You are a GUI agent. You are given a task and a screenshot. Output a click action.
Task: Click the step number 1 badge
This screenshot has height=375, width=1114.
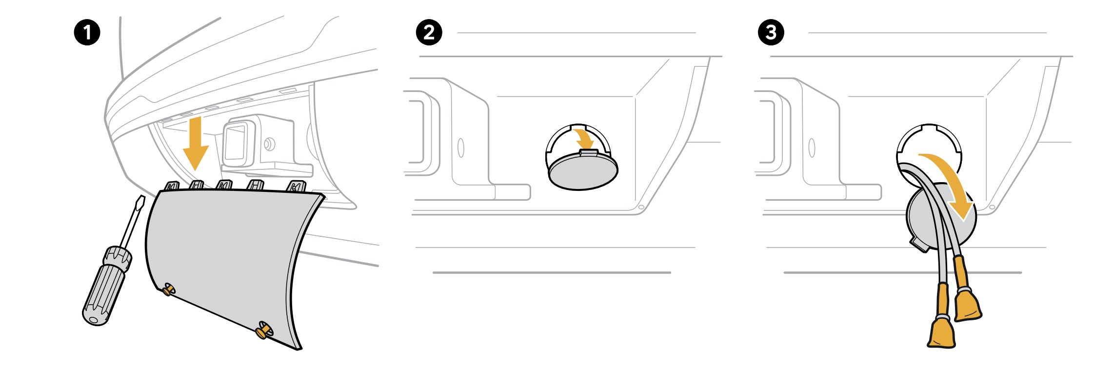click(87, 33)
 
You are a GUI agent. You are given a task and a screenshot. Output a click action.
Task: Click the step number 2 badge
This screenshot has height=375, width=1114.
click(429, 33)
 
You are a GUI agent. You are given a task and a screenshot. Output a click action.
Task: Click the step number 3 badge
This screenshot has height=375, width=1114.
click(771, 33)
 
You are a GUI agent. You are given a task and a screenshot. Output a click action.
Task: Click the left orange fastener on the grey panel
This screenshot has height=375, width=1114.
click(168, 290)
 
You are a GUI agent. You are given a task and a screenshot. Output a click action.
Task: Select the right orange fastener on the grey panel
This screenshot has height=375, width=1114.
click(263, 331)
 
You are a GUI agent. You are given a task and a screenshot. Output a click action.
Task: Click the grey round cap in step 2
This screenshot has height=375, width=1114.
click(582, 171)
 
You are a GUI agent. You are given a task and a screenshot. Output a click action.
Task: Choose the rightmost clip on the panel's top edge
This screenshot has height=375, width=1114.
click(296, 187)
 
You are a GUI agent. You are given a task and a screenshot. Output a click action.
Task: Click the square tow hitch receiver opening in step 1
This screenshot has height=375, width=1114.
click(235, 142)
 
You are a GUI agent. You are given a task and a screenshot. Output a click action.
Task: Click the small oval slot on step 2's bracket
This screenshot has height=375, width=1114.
click(461, 147)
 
